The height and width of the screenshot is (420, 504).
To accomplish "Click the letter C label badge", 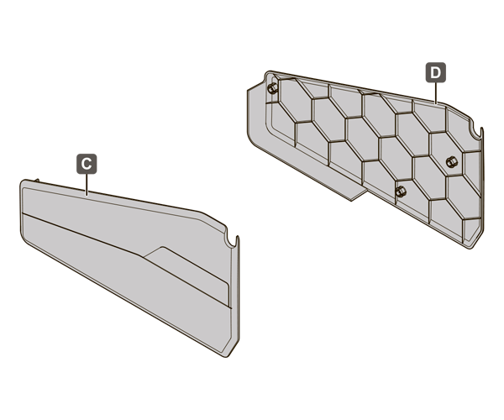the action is tap(87, 164).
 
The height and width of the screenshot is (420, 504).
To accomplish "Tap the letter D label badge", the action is tap(435, 72).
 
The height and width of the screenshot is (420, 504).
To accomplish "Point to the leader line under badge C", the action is tap(87, 185).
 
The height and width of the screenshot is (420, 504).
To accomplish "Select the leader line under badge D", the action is tap(435, 93).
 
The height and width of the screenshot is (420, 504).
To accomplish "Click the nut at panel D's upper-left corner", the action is tap(272, 87).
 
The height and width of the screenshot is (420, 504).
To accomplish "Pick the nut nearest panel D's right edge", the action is tap(451, 161).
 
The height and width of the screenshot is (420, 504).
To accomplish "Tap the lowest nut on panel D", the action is tap(400, 192).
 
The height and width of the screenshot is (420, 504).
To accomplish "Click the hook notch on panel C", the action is tap(231, 240).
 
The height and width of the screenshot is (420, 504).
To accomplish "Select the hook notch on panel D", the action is tap(475, 132).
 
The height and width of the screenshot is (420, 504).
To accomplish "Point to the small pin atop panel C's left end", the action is tap(37, 181).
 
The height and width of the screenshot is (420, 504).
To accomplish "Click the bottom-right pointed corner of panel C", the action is tap(227, 357).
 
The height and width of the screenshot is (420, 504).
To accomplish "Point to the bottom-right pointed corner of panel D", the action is tap(471, 249).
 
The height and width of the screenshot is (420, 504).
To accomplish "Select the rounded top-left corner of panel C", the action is tap(24, 183).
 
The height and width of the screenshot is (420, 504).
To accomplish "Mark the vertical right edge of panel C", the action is tap(238, 289).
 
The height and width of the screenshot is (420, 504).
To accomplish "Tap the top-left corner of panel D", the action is tap(268, 73).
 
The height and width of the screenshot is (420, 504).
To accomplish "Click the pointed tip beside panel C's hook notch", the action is tap(238, 237).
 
